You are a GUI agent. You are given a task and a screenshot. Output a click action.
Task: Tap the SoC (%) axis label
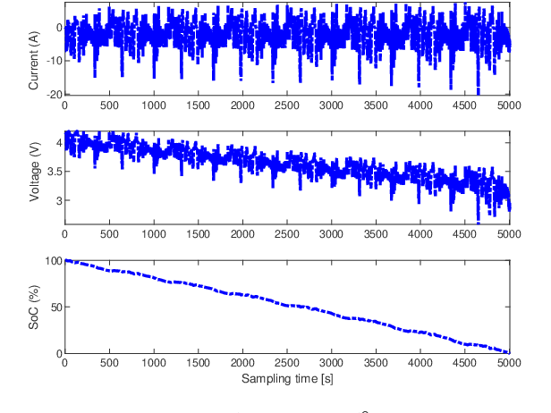34,307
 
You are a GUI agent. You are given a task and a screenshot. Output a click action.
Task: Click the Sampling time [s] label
286,379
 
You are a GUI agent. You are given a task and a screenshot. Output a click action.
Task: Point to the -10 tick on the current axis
51,61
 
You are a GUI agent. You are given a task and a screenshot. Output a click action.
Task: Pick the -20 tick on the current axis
51,94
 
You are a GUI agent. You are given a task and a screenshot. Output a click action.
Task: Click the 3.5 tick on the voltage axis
53,172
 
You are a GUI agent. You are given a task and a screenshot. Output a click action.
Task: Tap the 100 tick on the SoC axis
53,261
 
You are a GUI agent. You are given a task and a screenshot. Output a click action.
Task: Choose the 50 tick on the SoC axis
55,308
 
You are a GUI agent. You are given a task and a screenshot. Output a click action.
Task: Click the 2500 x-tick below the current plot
287,105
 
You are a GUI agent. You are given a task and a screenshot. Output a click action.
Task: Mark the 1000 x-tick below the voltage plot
154,234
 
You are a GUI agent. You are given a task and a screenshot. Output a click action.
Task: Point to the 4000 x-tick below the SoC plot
420,365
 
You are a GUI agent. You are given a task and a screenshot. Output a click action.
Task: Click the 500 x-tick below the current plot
109,105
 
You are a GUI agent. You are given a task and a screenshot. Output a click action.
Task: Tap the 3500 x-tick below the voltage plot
376,234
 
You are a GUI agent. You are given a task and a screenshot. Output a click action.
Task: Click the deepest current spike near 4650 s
479,91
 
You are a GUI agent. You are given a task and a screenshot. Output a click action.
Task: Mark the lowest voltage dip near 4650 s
479,221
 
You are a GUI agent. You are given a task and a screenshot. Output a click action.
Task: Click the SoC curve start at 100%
65,261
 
